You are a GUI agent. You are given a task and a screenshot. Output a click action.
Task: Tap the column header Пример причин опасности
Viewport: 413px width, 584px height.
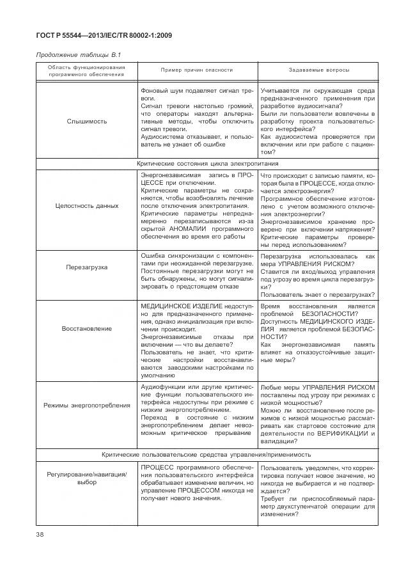pos(187,70)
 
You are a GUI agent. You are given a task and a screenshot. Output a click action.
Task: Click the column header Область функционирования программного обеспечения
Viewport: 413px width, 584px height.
pos(87,70)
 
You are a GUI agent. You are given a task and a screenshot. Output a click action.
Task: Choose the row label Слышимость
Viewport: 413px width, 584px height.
pos(87,121)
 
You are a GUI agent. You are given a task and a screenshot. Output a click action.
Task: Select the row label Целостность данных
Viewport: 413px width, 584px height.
pos(87,206)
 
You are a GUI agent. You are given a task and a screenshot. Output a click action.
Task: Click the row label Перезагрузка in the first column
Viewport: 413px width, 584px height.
pos(87,267)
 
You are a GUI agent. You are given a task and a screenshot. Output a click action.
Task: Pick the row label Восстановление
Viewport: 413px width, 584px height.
pos(87,328)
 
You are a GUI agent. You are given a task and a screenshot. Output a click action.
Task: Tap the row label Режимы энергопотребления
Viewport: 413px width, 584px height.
pos(87,405)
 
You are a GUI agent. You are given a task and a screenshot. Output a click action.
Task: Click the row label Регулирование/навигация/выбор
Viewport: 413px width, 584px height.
pos(87,477)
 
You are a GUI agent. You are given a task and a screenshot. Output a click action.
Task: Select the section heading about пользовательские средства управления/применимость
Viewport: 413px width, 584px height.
pos(207,455)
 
